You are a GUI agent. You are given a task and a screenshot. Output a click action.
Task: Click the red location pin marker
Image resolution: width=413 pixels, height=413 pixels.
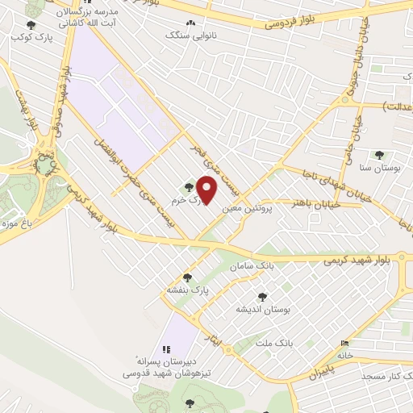(x=207, y=191)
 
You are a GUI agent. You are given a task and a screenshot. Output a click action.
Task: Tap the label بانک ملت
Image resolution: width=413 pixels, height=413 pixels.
(x=272, y=344)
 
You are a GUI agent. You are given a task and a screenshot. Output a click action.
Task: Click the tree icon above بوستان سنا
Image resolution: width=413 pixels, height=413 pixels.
(x=379, y=155)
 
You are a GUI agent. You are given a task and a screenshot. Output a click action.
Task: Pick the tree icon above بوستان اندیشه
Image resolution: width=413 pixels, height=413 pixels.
(x=261, y=297)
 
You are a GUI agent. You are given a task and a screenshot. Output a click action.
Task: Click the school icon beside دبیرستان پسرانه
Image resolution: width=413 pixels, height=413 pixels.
(x=165, y=349)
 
